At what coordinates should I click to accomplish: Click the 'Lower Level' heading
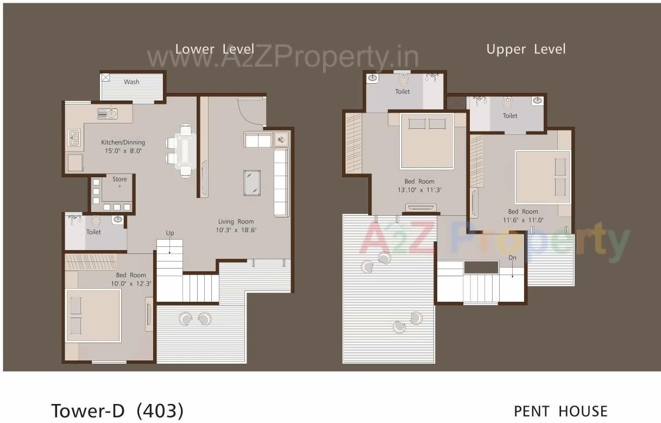(x=215, y=49)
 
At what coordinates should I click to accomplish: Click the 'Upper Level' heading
(x=526, y=49)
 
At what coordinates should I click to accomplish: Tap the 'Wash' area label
(x=131, y=82)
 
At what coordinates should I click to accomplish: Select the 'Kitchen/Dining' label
(x=123, y=142)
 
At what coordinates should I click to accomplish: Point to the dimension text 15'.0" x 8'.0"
(x=123, y=151)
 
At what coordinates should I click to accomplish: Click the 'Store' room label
(x=119, y=179)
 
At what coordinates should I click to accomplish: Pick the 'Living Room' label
(x=236, y=221)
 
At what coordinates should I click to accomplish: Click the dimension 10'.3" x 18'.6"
(x=236, y=230)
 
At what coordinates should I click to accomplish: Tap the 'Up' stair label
(x=170, y=233)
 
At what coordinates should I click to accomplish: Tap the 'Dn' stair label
(x=512, y=258)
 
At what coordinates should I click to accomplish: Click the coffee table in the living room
(x=251, y=182)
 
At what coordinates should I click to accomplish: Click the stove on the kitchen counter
(x=74, y=138)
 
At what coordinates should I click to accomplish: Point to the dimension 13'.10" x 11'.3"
(x=419, y=190)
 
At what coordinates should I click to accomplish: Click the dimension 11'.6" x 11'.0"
(x=523, y=220)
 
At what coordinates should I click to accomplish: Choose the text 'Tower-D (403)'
(x=117, y=410)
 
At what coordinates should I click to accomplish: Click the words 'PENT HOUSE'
(x=561, y=411)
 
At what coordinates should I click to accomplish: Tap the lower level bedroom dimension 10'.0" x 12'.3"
(x=131, y=283)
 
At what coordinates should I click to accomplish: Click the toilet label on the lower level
(x=93, y=232)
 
